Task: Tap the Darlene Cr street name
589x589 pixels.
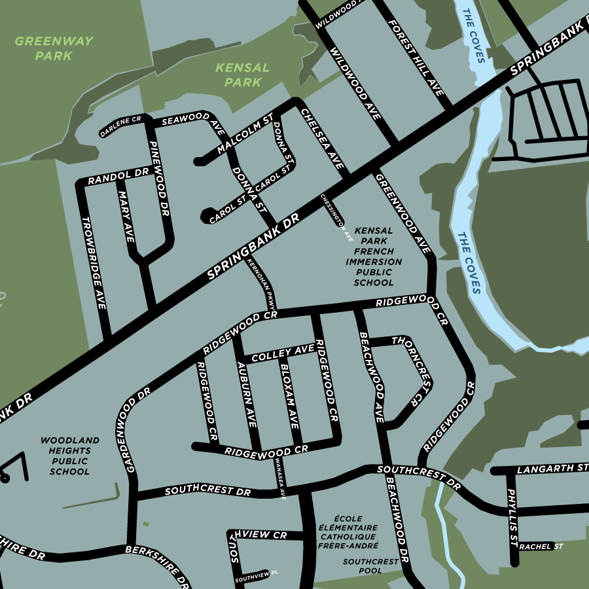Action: pyautogui.click(x=121, y=127)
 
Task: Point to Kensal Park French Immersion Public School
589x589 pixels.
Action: pyautogui.click(x=374, y=257)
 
